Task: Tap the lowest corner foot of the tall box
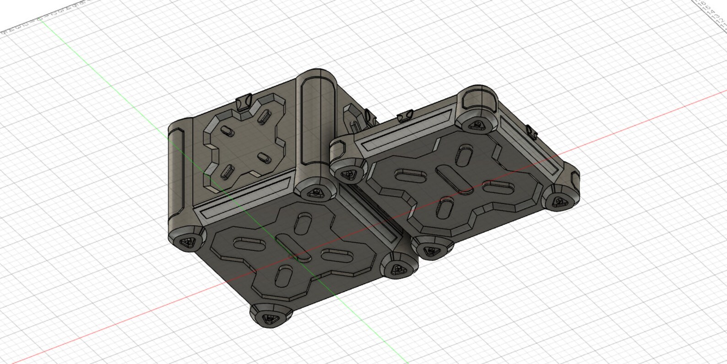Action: [x=271, y=315]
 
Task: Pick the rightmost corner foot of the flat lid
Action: [x=560, y=200]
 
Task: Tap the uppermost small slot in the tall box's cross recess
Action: [x=262, y=117]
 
